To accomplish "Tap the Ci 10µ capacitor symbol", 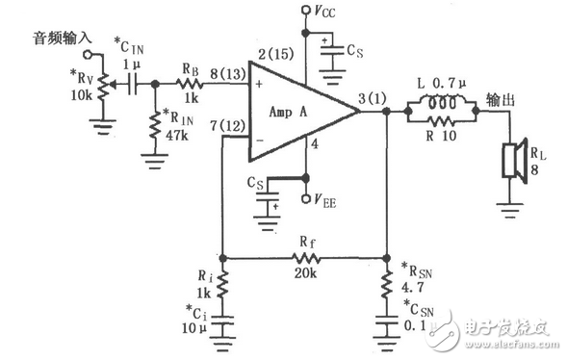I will point(222,324).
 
